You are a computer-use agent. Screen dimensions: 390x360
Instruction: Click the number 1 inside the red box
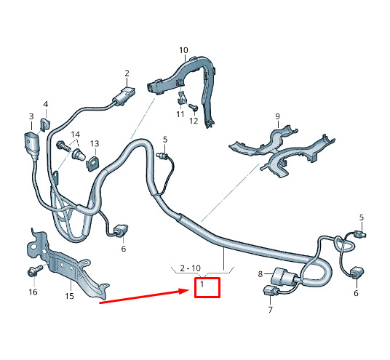pos(202,284)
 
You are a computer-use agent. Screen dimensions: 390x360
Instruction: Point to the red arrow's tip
pos(190,290)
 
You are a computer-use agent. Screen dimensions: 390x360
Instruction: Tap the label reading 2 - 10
pos(191,268)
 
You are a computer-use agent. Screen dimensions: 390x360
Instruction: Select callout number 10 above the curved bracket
pos(183,50)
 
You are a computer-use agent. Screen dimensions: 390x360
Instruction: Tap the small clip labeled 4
pos(45,125)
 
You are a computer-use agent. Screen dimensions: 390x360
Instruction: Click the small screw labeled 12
pos(194,107)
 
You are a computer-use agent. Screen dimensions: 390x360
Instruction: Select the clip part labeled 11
pos(182,98)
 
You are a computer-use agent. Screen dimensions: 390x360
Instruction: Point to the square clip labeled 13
pos(92,163)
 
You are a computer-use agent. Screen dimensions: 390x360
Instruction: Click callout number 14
pos(76,135)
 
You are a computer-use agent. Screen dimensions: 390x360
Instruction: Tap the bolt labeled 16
pos(35,271)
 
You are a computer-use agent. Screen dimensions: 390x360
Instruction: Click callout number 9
pos(277,116)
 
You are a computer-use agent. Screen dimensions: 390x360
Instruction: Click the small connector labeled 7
pos(269,290)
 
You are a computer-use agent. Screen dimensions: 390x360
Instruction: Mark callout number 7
pos(271,310)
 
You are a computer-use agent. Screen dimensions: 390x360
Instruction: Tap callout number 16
pos(33,292)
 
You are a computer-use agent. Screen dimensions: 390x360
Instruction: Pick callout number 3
pos(31,116)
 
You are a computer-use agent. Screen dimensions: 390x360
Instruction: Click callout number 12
pos(194,121)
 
